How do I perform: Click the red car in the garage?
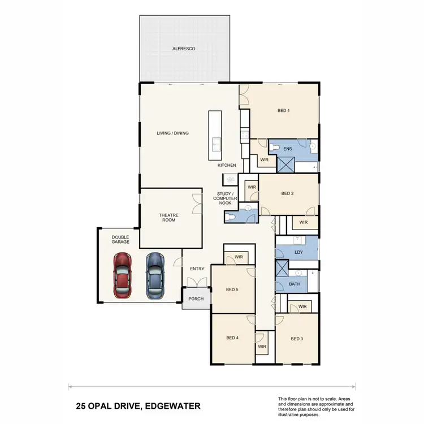pyautogui.click(x=123, y=275)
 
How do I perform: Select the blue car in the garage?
pyautogui.click(x=155, y=275)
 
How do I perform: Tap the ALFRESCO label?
pyautogui.click(x=184, y=49)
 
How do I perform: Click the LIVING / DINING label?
pyautogui.click(x=172, y=133)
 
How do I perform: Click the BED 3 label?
pyautogui.click(x=297, y=339)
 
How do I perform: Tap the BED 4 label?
pyautogui.click(x=232, y=338)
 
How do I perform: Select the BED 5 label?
pyautogui.click(x=232, y=289)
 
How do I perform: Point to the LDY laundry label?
pyautogui.click(x=298, y=252)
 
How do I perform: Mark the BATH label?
pyautogui.click(x=295, y=284)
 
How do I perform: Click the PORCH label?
pyautogui.click(x=196, y=299)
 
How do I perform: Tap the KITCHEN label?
pyautogui.click(x=227, y=165)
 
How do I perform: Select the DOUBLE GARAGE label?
pyautogui.click(x=120, y=239)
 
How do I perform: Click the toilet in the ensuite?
pyautogui.click(x=274, y=148)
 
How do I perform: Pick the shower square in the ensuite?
pyautogui.click(x=285, y=164)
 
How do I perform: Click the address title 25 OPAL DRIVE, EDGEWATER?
pyautogui.click(x=138, y=406)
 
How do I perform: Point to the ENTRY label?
pyautogui.click(x=197, y=269)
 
